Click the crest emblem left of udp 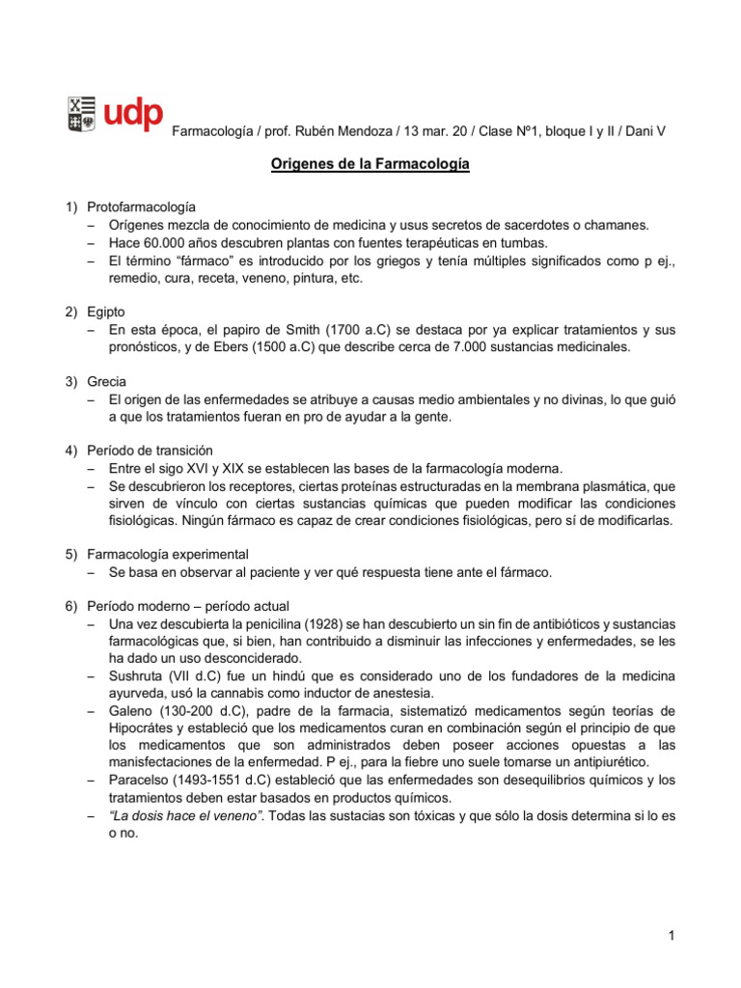click(81, 113)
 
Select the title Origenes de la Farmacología click(370, 166)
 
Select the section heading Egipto click(107, 312)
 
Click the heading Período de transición click(150, 451)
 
